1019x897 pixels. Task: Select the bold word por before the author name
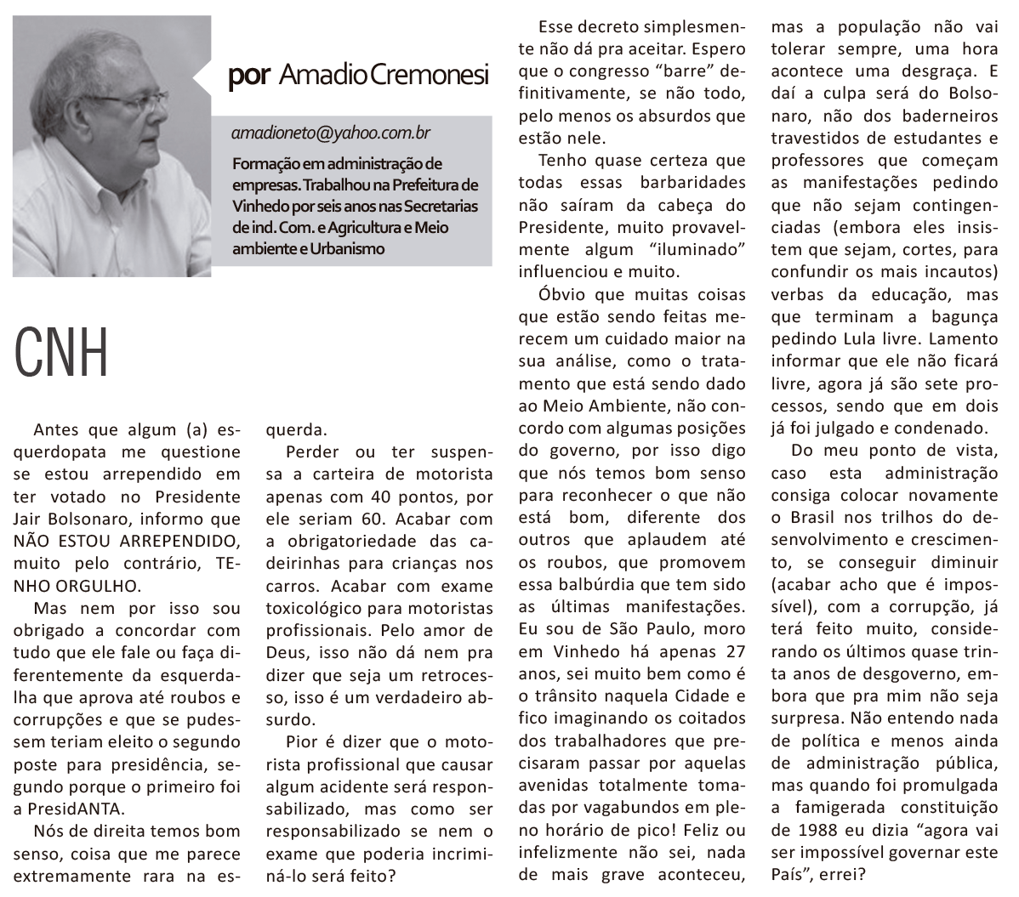pyautogui.click(x=249, y=76)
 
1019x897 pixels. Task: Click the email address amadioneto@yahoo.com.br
pyautogui.click(x=330, y=133)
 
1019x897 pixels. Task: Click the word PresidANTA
pyautogui.click(x=76, y=809)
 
